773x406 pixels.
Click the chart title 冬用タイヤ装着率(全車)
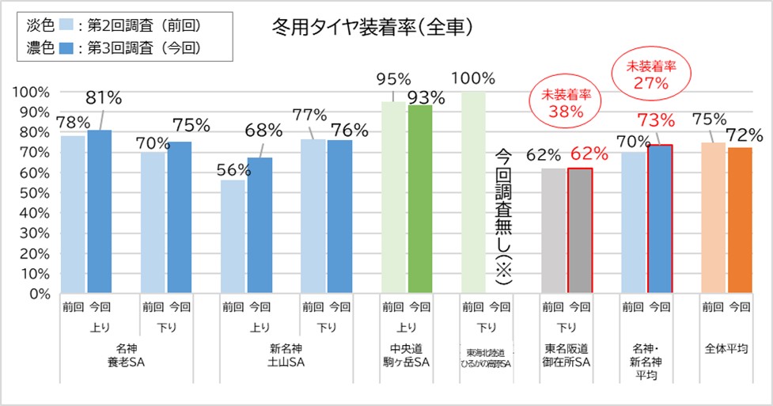click(x=371, y=27)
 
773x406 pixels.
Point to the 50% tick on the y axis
click(x=31, y=192)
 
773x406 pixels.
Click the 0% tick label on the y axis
click(x=35, y=294)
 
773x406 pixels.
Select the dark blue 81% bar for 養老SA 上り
click(x=100, y=211)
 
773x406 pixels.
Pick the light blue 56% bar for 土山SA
click(x=233, y=237)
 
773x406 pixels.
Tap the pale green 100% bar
click(x=473, y=192)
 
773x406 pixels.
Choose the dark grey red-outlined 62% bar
click(x=579, y=230)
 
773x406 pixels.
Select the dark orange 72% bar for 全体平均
click(x=741, y=220)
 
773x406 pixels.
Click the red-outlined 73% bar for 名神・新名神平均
click(x=660, y=219)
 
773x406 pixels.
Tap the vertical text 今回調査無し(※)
click(x=504, y=216)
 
